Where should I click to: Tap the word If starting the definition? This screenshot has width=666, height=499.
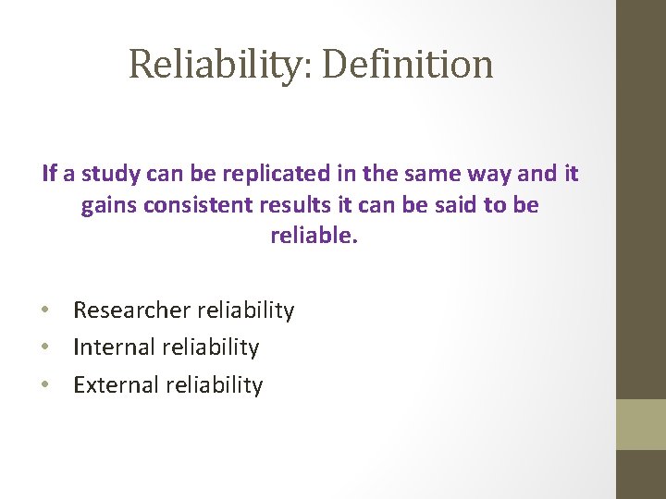coord(50,173)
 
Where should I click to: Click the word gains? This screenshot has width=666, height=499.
coord(109,204)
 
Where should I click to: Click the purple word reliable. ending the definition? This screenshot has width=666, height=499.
coord(313,236)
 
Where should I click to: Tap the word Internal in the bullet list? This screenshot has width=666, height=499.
coord(114,347)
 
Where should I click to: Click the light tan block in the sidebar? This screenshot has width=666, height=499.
coord(641,424)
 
